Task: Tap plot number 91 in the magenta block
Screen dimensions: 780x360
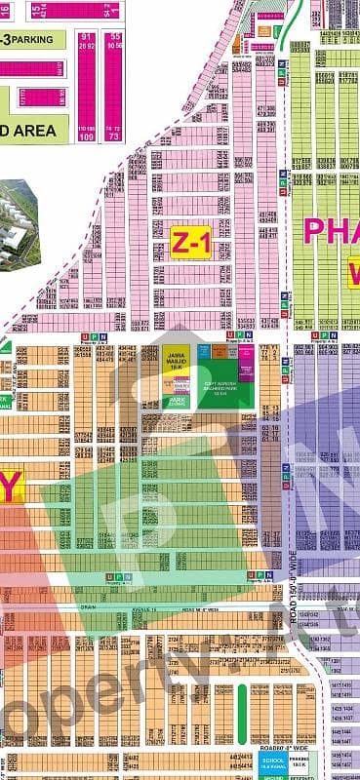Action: click(x=84, y=36)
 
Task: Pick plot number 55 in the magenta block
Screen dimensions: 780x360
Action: click(x=115, y=36)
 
